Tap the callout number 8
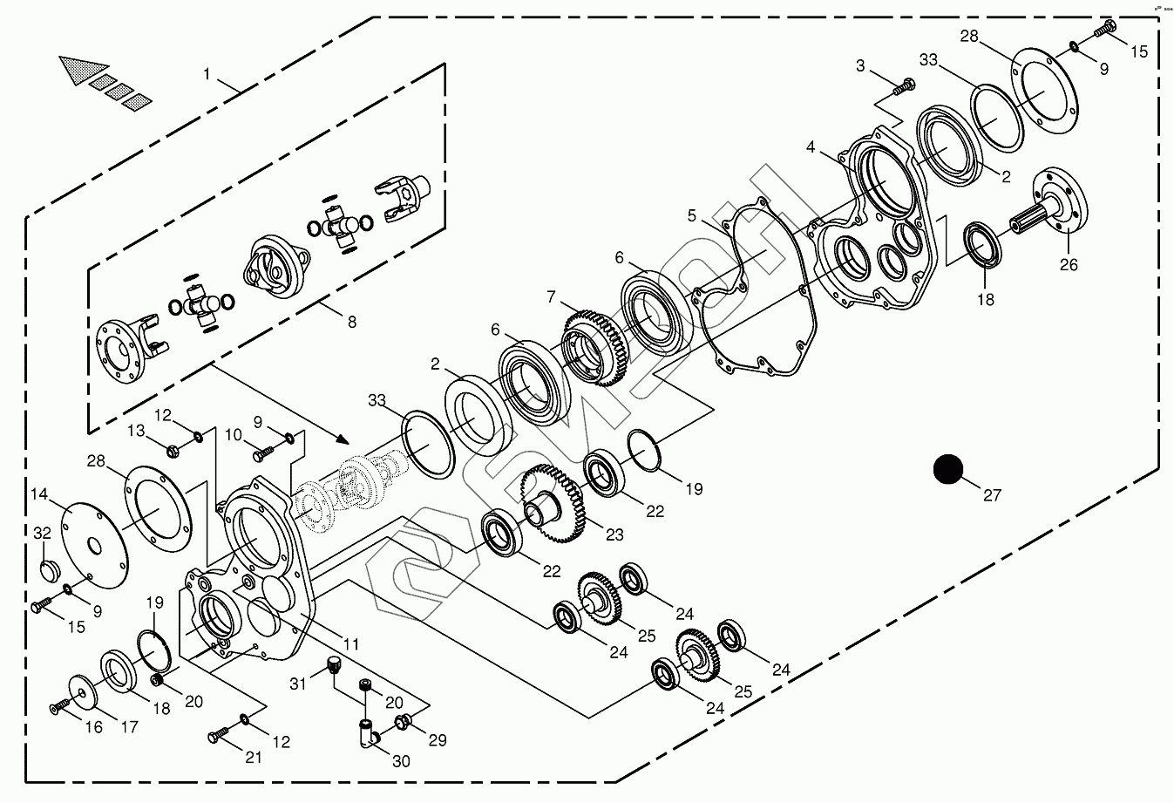point(351,322)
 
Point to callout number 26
point(1069,264)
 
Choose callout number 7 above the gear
point(551,297)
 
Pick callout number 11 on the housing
point(350,645)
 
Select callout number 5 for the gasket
point(691,215)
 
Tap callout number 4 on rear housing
point(811,147)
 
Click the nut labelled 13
point(173,450)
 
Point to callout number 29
point(437,740)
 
